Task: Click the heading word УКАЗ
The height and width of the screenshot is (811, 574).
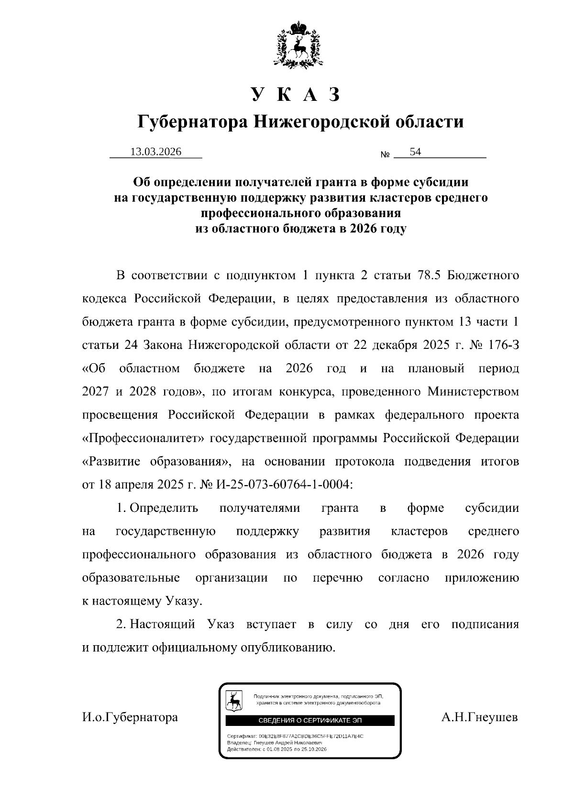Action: coord(296,95)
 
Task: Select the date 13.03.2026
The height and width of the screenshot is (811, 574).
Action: coord(156,152)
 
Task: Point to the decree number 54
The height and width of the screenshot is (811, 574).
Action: coord(415,152)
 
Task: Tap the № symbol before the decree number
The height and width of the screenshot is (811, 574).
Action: coord(386,155)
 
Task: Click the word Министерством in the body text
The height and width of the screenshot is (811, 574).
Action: coord(473,392)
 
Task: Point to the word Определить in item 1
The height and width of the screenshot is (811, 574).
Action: coord(164,508)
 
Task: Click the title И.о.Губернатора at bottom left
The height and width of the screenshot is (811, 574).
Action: coord(130,717)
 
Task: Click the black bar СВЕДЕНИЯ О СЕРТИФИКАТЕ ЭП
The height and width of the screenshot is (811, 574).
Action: coord(310,720)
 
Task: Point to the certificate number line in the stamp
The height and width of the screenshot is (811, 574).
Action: coord(295,736)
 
